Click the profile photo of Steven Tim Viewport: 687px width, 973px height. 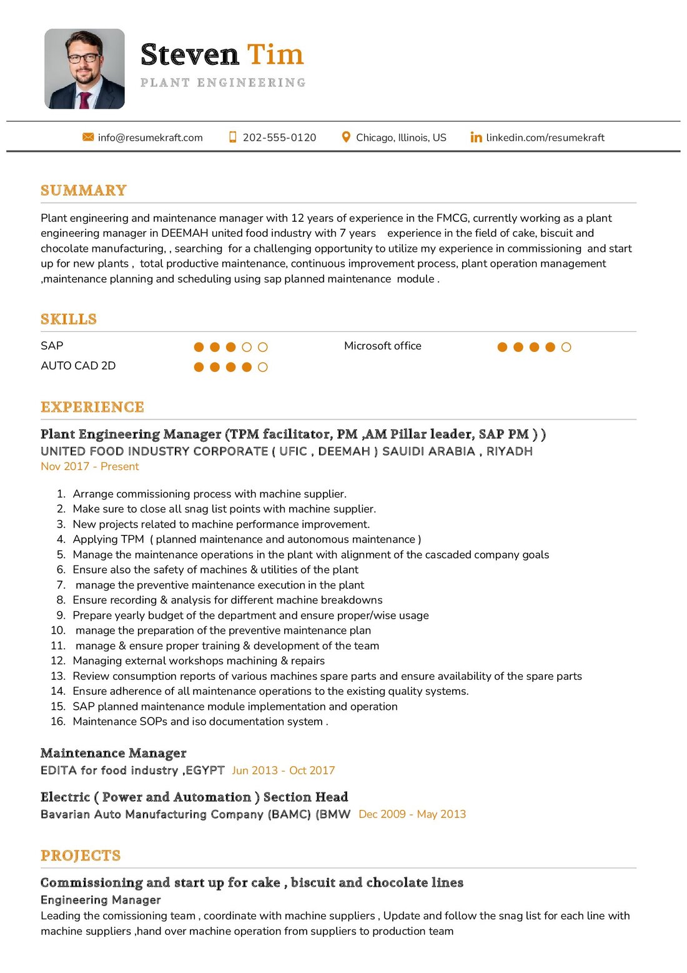coord(84,69)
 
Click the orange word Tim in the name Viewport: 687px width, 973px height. coord(275,55)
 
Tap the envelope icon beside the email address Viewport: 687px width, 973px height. coord(88,137)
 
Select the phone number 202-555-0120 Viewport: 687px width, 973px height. coord(279,137)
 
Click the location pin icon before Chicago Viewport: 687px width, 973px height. coord(346,137)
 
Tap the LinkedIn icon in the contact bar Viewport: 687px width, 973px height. coord(476,137)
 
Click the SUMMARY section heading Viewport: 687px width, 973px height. coord(84,191)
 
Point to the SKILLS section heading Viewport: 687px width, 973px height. coord(69,319)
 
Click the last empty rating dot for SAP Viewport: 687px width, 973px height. coord(263,347)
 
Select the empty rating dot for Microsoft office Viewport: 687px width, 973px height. coord(566,347)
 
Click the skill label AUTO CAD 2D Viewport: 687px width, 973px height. coord(78,366)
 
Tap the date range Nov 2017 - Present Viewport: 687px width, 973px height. coord(90,466)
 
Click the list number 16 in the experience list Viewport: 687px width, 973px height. coord(58,721)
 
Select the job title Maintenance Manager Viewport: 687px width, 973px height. coord(114,753)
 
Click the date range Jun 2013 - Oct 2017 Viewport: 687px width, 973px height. coord(284,771)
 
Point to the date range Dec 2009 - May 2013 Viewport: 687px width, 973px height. coord(412,814)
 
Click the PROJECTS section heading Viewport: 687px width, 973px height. coord(81,856)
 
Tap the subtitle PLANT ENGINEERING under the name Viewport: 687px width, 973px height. coord(223,82)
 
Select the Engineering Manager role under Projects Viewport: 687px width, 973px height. coord(101,900)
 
